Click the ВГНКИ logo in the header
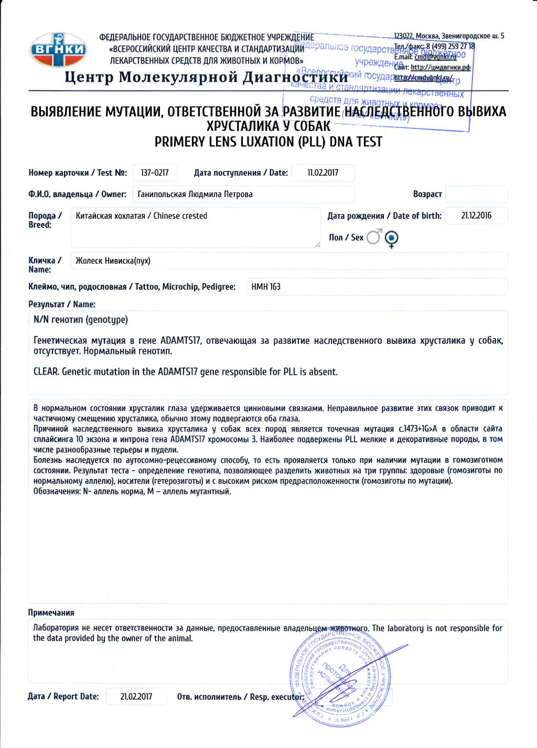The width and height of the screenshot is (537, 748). (x=58, y=50)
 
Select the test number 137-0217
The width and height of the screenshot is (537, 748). (x=155, y=172)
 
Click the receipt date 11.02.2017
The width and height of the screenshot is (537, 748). (x=323, y=172)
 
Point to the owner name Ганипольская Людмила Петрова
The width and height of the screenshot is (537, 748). (x=195, y=194)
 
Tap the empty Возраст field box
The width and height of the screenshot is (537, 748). (x=476, y=194)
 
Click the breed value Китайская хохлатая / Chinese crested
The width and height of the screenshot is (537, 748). (x=142, y=216)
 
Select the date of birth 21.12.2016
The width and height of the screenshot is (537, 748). (x=476, y=215)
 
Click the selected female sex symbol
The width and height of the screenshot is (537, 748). (x=391, y=239)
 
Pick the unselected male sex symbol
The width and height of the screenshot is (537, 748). (x=374, y=237)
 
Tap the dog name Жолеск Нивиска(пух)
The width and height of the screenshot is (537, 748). (x=113, y=261)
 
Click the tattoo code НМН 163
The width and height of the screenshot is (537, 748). (x=266, y=287)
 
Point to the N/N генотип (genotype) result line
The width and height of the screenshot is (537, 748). (x=81, y=320)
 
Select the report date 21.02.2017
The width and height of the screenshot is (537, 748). (x=136, y=697)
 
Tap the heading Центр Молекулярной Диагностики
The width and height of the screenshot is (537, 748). (x=206, y=77)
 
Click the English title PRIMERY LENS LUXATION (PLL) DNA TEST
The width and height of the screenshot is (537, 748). (x=268, y=142)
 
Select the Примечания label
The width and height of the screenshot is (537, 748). (x=51, y=613)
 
